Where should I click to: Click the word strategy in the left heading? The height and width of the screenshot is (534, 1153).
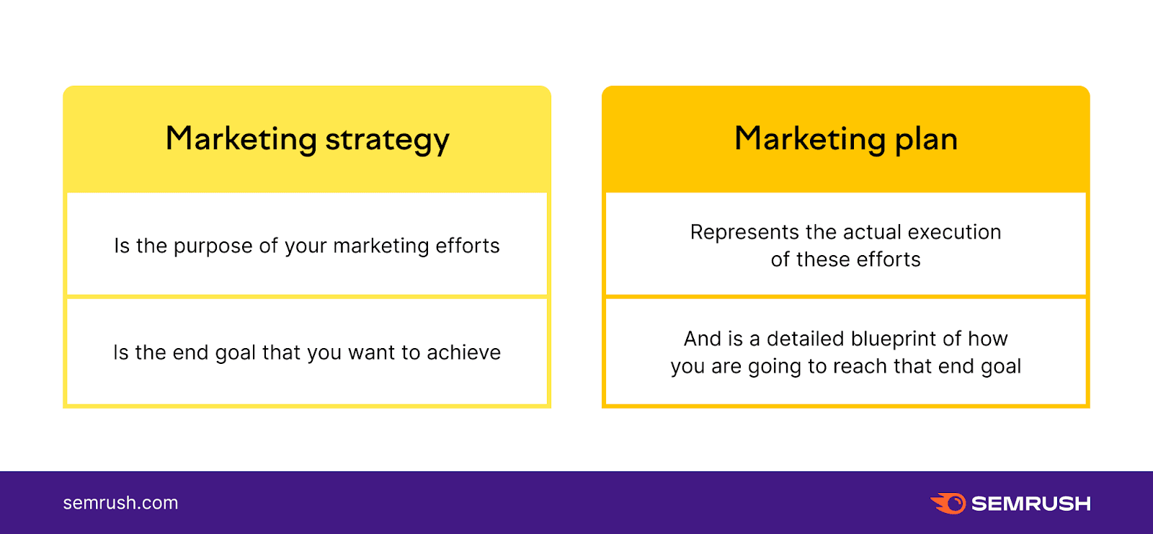tap(387, 140)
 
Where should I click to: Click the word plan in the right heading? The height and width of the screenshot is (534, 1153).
tap(926, 140)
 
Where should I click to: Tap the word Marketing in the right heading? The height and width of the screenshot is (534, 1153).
tap(809, 138)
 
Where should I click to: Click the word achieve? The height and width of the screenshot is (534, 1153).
tap(463, 352)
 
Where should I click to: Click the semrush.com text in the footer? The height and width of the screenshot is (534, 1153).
tap(120, 503)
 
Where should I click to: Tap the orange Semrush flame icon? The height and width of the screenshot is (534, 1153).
tap(948, 503)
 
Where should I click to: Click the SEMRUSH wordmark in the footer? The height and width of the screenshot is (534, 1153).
tap(1030, 503)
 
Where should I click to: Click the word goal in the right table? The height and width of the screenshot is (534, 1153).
tap(1000, 367)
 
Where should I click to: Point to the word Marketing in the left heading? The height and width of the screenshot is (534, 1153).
tap(241, 138)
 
